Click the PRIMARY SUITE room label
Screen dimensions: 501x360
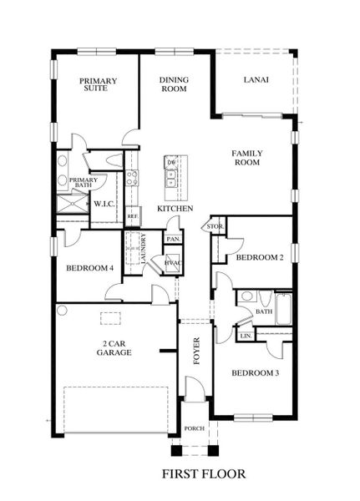point(98,85)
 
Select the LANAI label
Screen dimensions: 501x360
point(255,81)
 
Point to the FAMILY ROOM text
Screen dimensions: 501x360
point(246,157)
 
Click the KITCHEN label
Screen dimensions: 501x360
point(175,208)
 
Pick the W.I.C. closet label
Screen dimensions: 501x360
point(104,203)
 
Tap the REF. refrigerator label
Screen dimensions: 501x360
point(131,216)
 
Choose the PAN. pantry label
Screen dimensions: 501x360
point(173,239)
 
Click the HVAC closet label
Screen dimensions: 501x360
point(173,263)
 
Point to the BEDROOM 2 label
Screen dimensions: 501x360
point(260,259)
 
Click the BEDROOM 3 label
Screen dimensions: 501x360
point(255,372)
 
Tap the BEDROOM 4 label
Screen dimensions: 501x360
point(89,268)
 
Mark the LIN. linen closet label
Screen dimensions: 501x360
point(246,336)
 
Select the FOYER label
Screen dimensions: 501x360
point(197,345)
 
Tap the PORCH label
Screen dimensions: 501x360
point(195,428)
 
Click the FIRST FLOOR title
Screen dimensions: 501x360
point(204,474)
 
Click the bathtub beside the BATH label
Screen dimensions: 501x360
point(284,311)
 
